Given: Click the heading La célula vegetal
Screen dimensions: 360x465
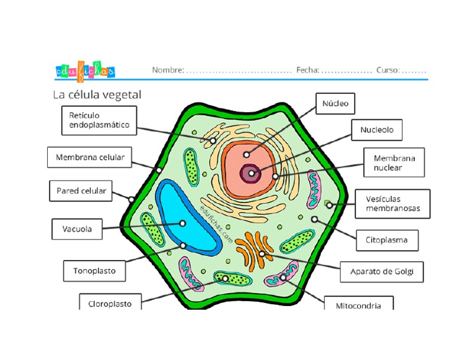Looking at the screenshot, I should tap(97, 95).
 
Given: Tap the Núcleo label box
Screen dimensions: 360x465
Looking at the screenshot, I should tap(335, 104).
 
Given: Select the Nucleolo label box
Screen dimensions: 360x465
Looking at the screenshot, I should tap(377, 130).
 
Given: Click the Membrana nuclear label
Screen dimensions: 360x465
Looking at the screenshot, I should tap(394, 162).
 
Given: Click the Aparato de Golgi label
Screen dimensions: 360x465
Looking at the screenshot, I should tap(381, 272).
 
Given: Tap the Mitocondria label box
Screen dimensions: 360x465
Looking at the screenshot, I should tap(358, 305).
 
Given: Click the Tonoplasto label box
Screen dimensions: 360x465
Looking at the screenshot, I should tap(94, 270).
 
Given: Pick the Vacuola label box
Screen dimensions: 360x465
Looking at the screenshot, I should tap(77, 229).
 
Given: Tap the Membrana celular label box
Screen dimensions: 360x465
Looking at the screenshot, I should tap(90, 158).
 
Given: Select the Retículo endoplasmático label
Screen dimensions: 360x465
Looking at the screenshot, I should tap(99, 120).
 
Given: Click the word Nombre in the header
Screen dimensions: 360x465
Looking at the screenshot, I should tap(168, 70).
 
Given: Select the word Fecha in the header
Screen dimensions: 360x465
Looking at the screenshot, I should tap(308, 70).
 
